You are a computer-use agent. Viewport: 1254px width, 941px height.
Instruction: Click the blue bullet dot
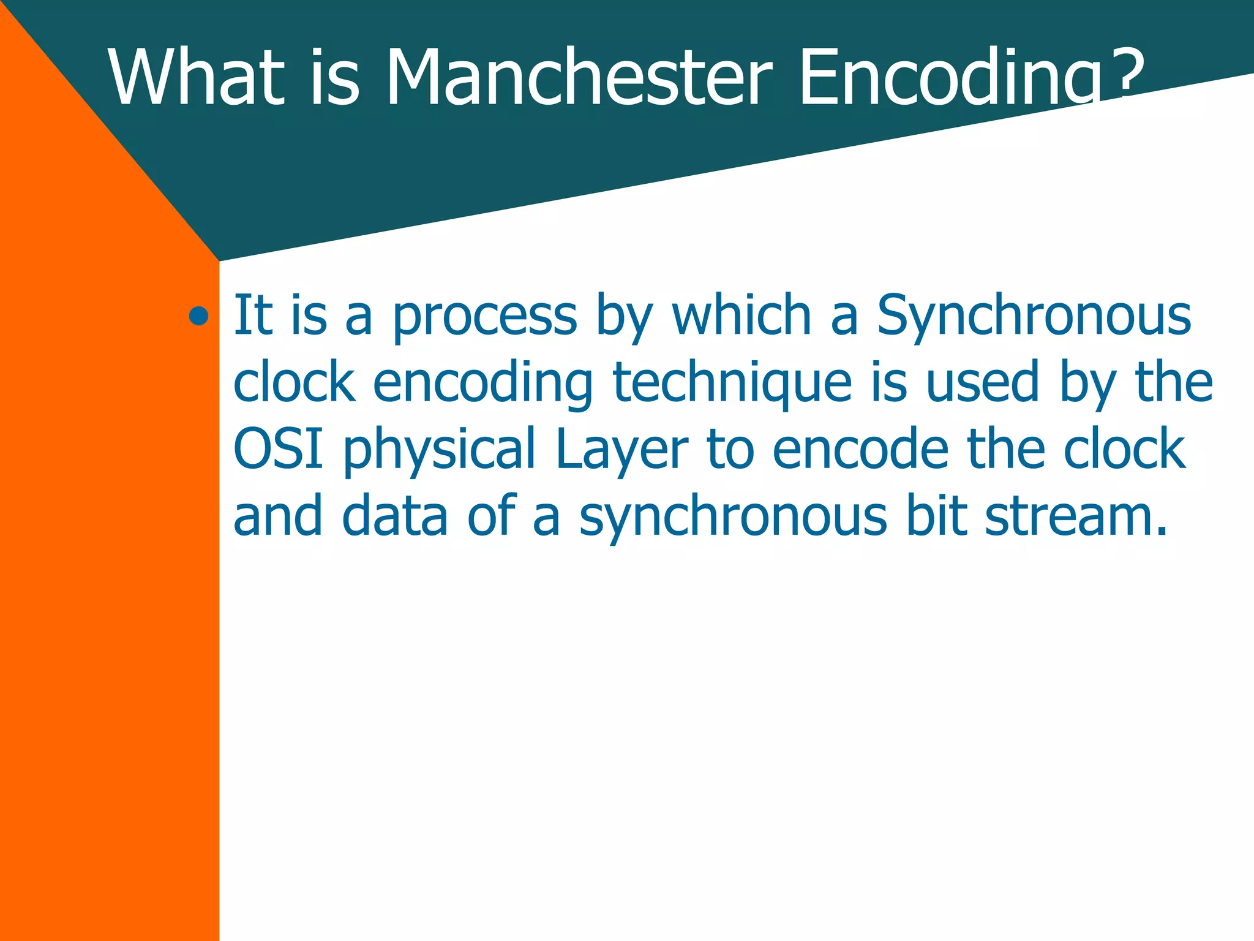click(x=198, y=316)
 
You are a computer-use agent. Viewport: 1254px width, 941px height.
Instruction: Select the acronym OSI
click(x=279, y=448)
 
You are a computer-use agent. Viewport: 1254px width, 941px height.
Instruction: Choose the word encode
click(x=860, y=449)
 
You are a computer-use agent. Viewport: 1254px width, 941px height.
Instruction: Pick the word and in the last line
click(x=277, y=516)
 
